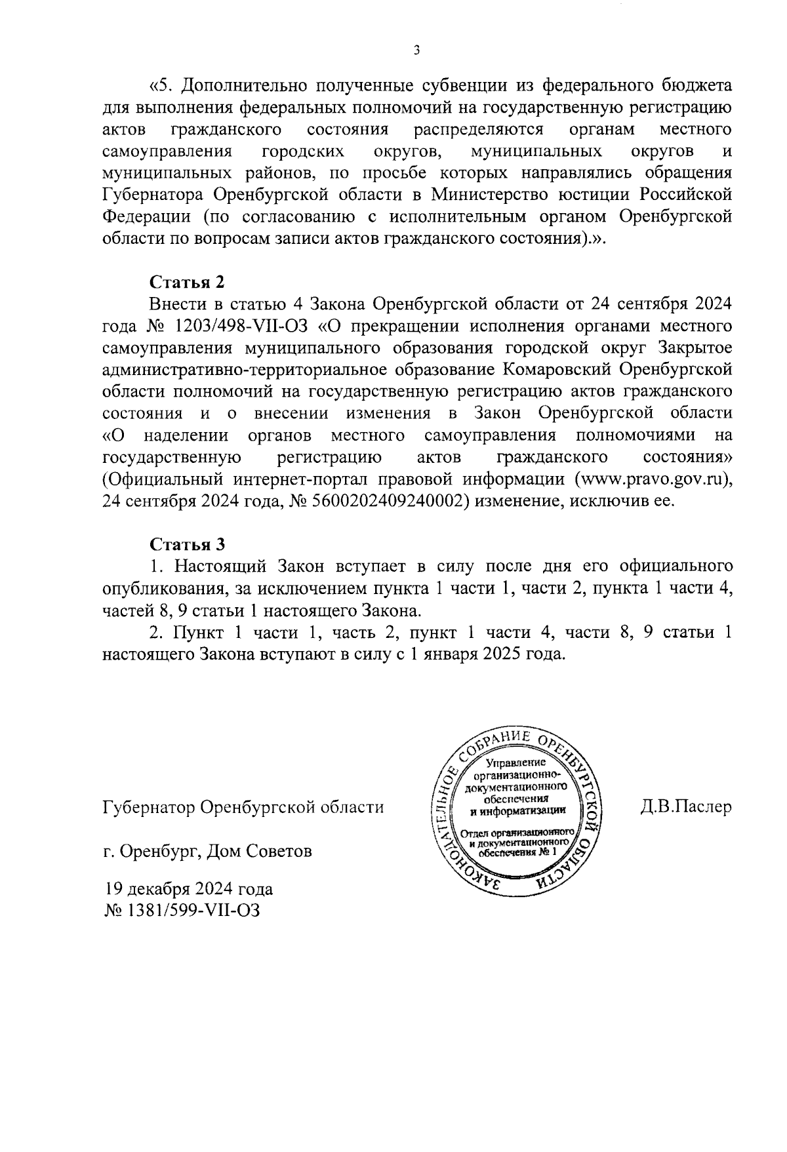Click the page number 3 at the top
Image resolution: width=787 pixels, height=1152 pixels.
417,50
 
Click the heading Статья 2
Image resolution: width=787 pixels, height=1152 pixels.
188,282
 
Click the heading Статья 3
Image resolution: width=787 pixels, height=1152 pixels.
188,544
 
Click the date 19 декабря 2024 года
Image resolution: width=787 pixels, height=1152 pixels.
188,890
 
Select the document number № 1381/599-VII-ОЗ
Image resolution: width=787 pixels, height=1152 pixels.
182,911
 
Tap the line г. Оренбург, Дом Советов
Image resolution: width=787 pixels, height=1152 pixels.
207,852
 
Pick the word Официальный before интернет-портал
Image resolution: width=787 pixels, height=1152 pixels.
163,479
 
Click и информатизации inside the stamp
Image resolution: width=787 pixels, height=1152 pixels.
517,812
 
